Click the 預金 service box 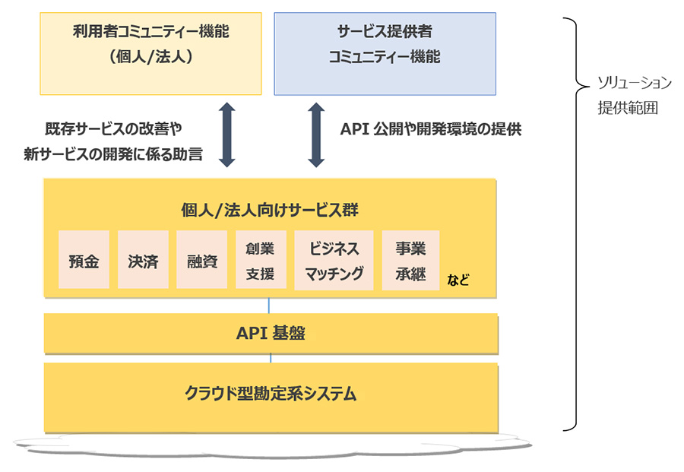(x=84, y=261)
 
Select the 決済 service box (x=143, y=261)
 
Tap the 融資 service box (x=202, y=261)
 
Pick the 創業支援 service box (x=261, y=261)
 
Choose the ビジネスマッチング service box (x=334, y=261)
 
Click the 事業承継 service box (x=410, y=261)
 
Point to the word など (x=458, y=280)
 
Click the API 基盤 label (x=271, y=333)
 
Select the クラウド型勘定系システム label (x=271, y=394)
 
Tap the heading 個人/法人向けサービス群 (x=271, y=211)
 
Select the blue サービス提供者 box (x=385, y=53)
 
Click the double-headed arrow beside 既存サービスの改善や (x=226, y=136)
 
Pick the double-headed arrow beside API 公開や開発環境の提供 (x=317, y=136)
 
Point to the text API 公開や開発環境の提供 (x=430, y=129)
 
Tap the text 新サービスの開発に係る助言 (x=113, y=155)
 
